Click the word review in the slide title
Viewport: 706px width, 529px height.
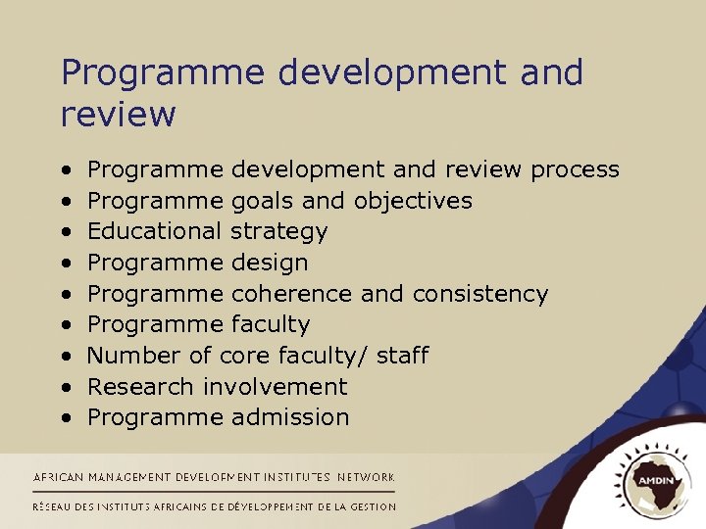coord(118,115)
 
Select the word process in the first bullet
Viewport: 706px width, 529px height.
coord(575,170)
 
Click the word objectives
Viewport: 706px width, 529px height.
coord(413,201)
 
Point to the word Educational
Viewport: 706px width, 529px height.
coord(154,232)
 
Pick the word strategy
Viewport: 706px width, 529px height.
coord(279,233)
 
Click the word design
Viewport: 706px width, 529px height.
coord(270,264)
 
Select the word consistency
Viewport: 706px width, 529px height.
coord(480,295)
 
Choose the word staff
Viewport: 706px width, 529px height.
coord(401,356)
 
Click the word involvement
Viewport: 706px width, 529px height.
coord(276,387)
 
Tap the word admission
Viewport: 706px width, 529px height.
coord(290,417)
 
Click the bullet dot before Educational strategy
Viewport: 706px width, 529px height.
coord(66,232)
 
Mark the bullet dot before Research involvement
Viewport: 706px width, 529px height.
coord(66,387)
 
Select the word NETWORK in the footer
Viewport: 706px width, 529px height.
coord(366,477)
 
